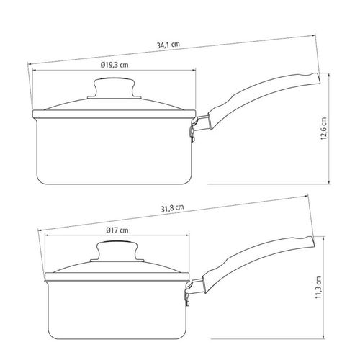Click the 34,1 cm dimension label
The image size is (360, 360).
click(168, 45)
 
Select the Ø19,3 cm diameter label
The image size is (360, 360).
click(114, 65)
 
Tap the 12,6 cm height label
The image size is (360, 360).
click(324, 128)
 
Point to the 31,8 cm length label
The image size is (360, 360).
click(172, 208)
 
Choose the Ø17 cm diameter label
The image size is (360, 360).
click(117, 230)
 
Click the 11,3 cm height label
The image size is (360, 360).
click(318, 287)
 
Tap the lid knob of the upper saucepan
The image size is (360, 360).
click(114, 88)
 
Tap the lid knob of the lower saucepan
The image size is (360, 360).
click(117, 251)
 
